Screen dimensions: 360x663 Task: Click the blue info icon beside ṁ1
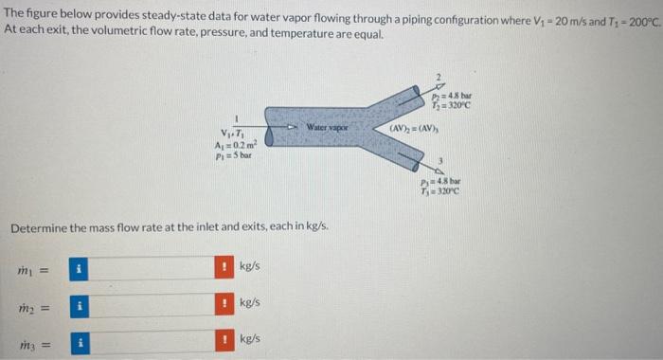(81, 267)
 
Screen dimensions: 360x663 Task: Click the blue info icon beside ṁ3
(81, 339)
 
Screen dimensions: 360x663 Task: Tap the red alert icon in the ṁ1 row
(225, 267)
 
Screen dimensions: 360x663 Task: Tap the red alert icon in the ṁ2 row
(225, 303)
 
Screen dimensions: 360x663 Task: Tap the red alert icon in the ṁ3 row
(225, 339)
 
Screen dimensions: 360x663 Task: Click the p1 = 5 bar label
(232, 154)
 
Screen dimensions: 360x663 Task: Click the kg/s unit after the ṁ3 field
(250, 339)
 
